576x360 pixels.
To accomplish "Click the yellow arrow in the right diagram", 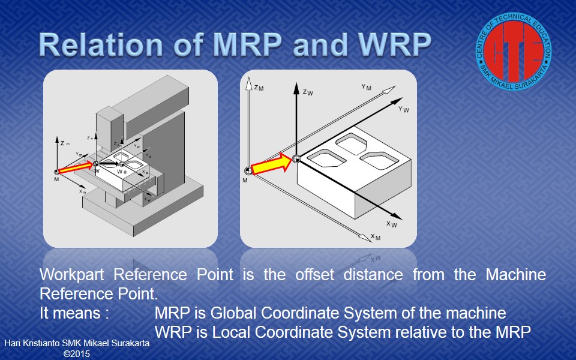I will tap(269, 164).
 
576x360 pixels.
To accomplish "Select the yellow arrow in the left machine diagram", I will tap(77, 167).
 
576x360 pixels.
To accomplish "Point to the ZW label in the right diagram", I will tap(308, 92).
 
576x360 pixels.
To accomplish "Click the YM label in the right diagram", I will tap(366, 87).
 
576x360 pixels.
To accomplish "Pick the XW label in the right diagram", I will tap(391, 224).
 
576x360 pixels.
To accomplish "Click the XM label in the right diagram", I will tap(375, 237).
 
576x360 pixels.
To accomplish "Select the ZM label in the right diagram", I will tap(259, 88).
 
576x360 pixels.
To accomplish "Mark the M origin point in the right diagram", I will tap(245, 172).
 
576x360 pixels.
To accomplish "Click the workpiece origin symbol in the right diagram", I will tap(295, 159).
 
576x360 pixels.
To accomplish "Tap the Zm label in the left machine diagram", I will tap(66, 143).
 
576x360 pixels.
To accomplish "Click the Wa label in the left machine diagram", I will tap(121, 172).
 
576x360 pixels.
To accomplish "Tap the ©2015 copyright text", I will tap(77, 354).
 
